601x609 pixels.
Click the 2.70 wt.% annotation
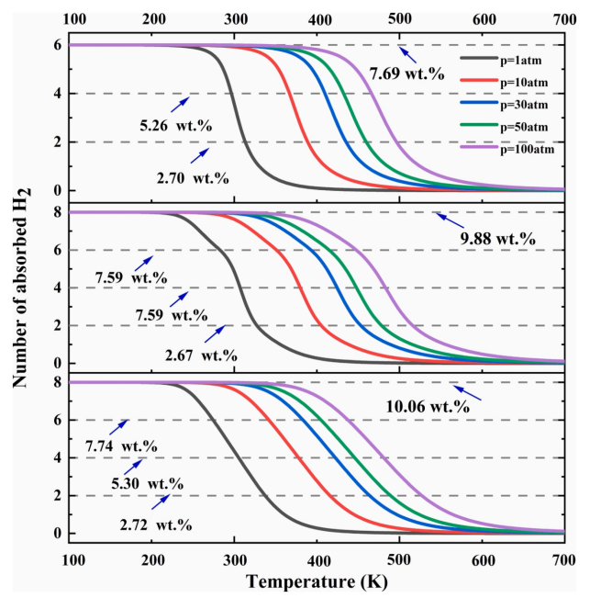157,171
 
